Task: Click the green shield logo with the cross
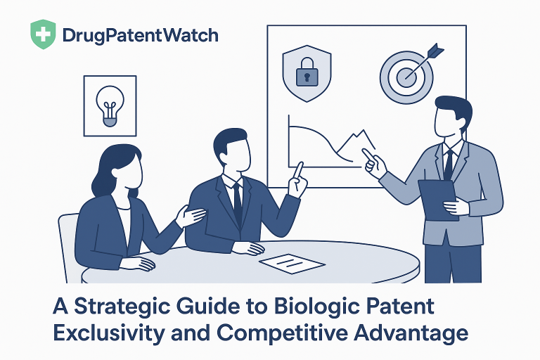[x=43, y=34]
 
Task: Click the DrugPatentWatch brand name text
[x=140, y=35]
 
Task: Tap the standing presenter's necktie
[x=448, y=164]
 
